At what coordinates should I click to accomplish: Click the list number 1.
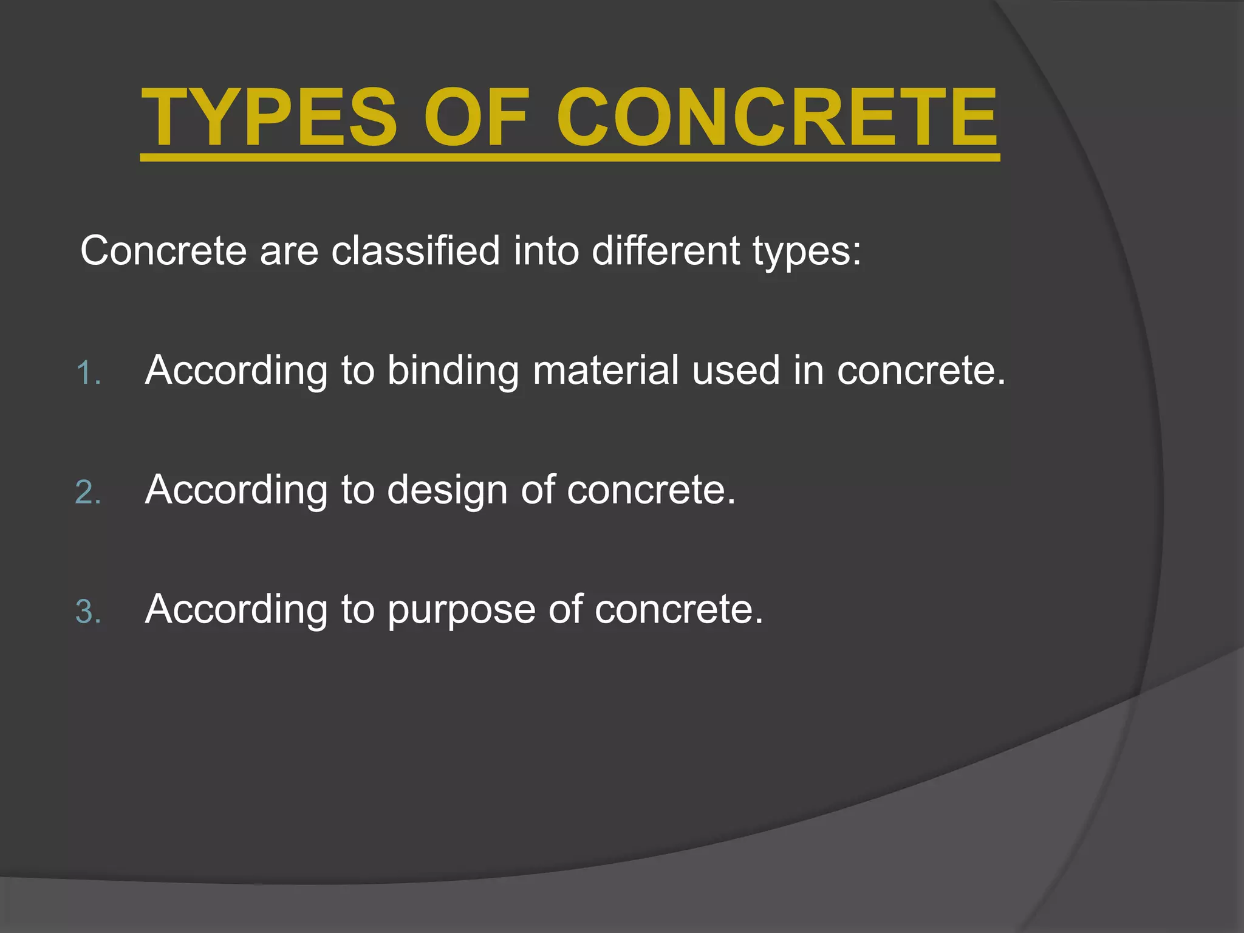coord(87,373)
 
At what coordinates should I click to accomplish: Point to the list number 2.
coord(87,493)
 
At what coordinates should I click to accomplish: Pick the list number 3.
coord(87,612)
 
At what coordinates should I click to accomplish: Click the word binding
coord(453,371)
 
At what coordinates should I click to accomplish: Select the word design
coord(447,490)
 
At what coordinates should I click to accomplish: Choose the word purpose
coord(461,610)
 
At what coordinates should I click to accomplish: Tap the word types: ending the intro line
coord(807,251)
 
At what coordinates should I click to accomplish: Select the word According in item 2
coord(236,490)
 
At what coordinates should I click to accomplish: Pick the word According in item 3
coord(236,609)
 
